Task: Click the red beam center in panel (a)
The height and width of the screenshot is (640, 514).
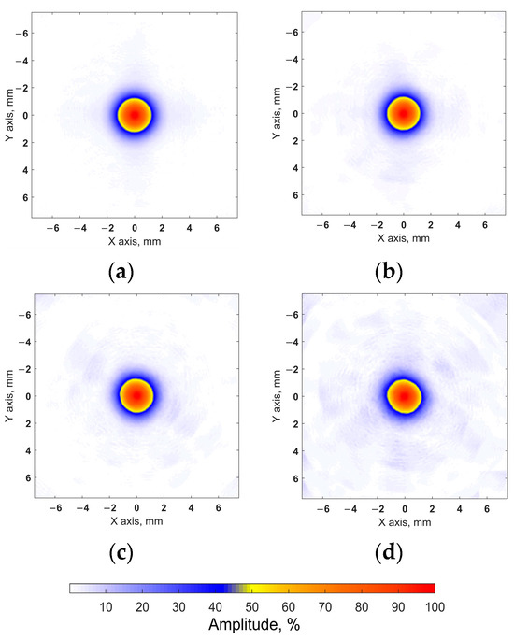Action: [x=135, y=116]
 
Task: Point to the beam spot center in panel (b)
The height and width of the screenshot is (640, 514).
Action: [x=404, y=114]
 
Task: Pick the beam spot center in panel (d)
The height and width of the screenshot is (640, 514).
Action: [x=404, y=395]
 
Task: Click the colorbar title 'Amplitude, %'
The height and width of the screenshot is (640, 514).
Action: [x=252, y=626]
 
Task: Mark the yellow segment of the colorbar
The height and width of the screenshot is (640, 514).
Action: [x=250, y=589]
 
